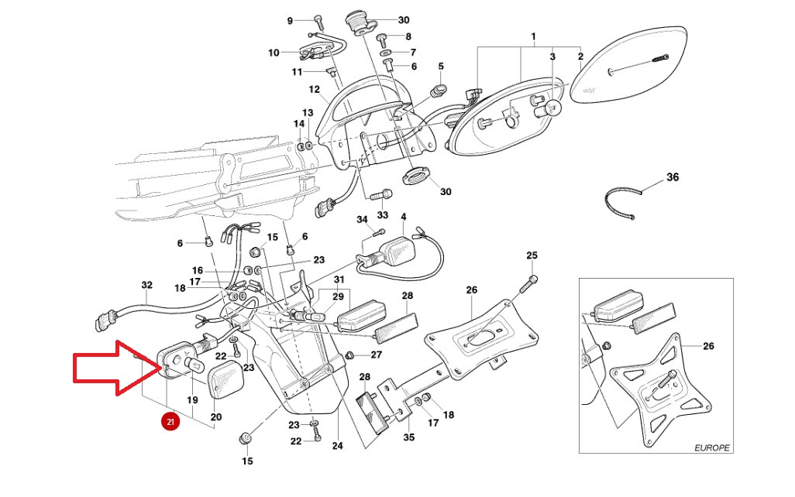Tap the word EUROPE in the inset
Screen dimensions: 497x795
712,447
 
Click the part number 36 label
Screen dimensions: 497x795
672,177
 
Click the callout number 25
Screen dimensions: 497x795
532,255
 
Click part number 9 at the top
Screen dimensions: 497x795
290,20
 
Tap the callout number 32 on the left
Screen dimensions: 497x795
147,285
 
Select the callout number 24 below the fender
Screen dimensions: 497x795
337,446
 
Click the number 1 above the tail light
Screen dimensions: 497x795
533,37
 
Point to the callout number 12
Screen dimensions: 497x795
314,89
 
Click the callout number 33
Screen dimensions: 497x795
382,214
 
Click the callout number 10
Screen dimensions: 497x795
274,53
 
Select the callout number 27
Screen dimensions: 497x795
377,355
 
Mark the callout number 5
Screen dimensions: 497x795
441,67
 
